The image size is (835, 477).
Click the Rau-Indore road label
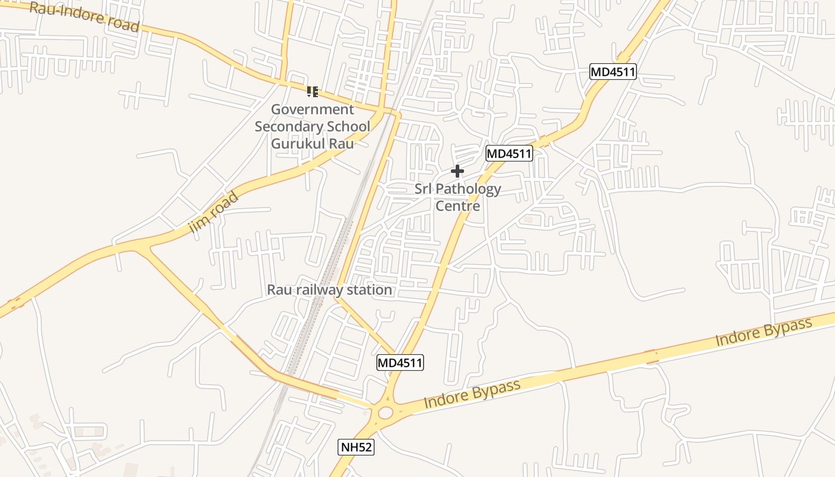[84, 17]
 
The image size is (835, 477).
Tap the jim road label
[213, 212]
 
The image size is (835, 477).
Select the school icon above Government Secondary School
[313, 92]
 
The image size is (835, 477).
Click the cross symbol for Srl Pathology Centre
[457, 172]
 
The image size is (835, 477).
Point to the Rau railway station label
[329, 290]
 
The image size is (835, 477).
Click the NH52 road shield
[357, 447]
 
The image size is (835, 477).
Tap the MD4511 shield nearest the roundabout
[400, 363]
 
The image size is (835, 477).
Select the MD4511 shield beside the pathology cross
[509, 153]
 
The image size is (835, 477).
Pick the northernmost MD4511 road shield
[613, 72]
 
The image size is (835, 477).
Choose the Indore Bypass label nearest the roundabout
[472, 394]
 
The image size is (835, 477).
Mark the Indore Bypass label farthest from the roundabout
[763, 332]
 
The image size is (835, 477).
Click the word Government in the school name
[313, 110]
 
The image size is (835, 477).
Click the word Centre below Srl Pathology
[457, 206]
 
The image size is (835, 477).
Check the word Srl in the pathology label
[423, 190]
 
